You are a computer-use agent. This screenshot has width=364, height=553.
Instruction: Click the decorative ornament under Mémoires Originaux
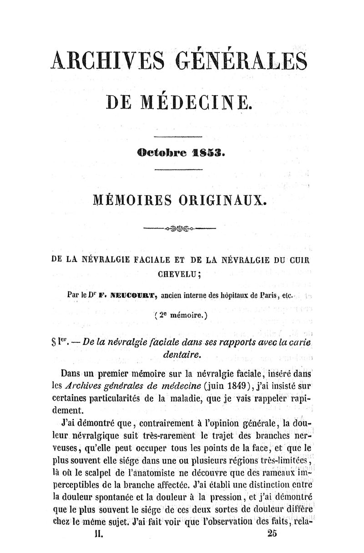point(179,228)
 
